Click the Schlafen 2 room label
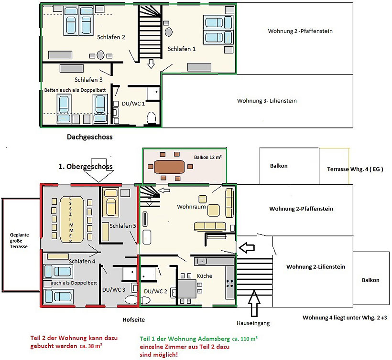pos(111,37)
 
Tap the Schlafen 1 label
pos(182,49)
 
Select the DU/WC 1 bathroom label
pos(133,104)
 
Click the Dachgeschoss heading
pos(90,137)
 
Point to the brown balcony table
pos(169,167)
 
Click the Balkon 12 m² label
pos(208,157)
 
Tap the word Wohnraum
pos(191,207)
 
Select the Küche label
pos(205,276)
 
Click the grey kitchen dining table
pos(187,289)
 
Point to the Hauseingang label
pos(253,323)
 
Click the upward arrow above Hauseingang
pos(254,303)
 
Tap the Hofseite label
pos(134,320)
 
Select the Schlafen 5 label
pos(123,226)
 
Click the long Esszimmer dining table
pos(72,220)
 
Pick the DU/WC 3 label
pos(114,290)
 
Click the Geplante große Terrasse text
pos(19,241)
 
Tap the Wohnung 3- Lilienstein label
pos(267,101)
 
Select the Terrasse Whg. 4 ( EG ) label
pos(355,169)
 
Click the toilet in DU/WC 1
pos(151,117)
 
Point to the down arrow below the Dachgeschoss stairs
pos(151,64)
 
